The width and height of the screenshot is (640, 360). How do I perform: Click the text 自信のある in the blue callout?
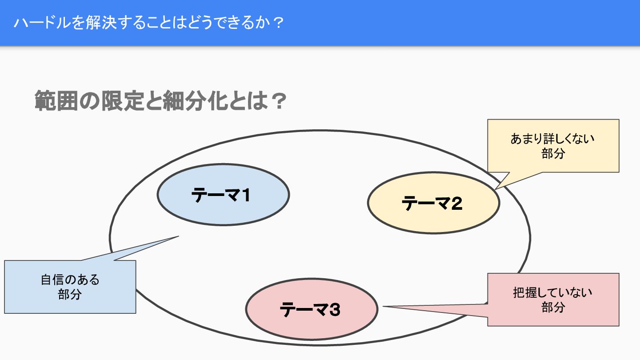point(70,280)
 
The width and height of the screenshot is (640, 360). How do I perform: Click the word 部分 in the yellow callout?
point(553,153)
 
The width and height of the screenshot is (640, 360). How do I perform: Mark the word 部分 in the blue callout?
point(70,294)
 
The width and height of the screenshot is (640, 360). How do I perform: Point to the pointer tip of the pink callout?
point(384,306)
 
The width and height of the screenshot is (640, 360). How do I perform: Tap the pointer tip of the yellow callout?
point(496,188)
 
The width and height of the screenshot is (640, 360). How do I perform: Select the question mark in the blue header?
point(278,23)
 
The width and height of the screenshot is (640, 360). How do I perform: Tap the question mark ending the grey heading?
point(277,102)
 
